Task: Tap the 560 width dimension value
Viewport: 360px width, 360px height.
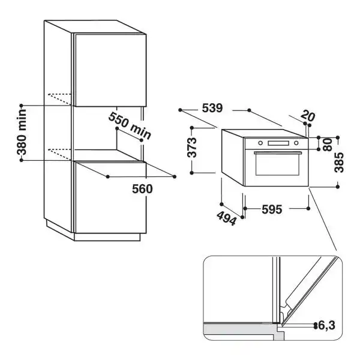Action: (142, 188)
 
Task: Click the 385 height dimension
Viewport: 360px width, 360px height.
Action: (339, 161)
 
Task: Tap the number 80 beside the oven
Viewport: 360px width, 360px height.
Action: (327, 145)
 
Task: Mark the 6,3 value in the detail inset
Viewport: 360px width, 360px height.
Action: (327, 326)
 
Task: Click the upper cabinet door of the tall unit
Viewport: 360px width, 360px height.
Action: (109, 68)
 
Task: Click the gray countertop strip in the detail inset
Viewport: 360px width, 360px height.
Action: (240, 330)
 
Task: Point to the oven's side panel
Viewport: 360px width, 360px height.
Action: (232, 157)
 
